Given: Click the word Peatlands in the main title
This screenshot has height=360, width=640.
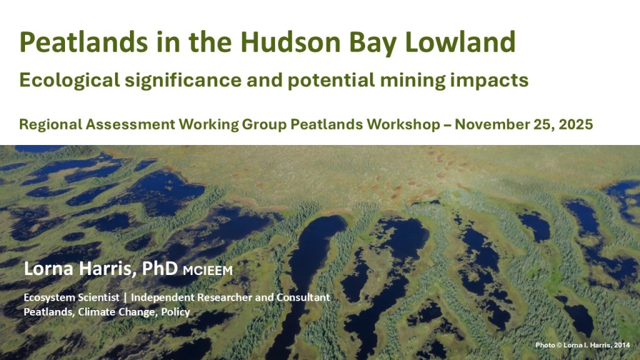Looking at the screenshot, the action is (84, 42).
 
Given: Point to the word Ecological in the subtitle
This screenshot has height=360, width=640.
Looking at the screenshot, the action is (69, 81).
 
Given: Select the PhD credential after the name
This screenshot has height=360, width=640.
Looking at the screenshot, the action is (159, 268).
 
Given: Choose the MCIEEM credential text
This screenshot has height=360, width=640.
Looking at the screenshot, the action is (207, 270).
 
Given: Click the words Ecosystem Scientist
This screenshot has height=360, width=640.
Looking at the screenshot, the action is (71, 297).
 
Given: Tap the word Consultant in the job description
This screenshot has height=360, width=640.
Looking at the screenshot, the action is (303, 297).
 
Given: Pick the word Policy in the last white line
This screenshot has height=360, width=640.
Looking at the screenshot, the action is (176, 312).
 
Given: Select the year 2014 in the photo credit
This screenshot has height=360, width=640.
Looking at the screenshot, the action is (622, 345).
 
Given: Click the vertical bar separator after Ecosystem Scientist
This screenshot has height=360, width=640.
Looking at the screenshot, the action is (125, 297).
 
